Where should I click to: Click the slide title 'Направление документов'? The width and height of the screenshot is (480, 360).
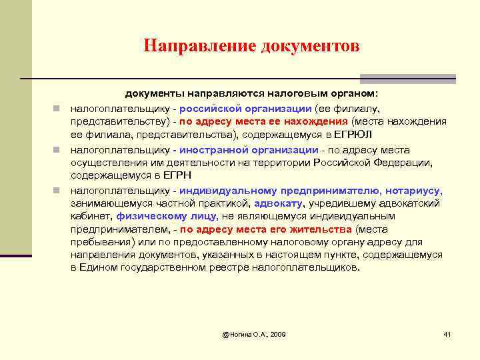coord(251,46)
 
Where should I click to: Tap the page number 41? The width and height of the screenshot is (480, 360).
coord(447,333)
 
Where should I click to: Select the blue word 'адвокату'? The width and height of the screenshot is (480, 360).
coord(279,203)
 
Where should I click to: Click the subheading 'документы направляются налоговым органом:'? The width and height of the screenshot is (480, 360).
coord(253,95)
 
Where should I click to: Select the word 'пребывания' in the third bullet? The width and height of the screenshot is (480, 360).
coord(99,242)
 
